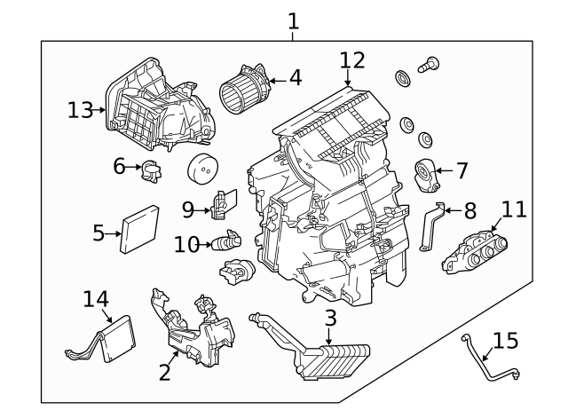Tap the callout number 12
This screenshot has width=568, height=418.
tap(352, 60)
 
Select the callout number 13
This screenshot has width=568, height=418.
tap(80, 110)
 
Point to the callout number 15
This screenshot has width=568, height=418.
tap(505, 341)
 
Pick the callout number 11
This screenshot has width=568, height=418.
tap(513, 209)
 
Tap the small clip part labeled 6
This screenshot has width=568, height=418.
tap(152, 169)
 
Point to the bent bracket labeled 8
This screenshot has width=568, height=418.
tap(429, 225)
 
